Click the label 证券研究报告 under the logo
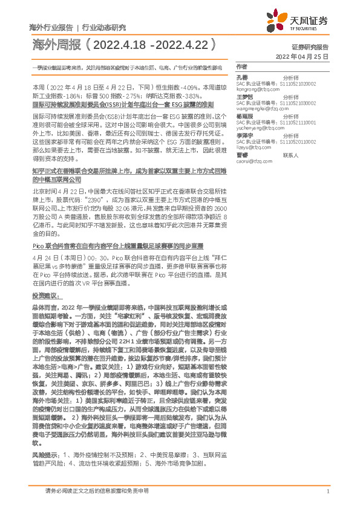click(x=310, y=47)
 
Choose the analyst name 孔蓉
click(x=241, y=78)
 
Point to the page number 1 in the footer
click(x=327, y=491)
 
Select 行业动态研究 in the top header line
click(x=104, y=28)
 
